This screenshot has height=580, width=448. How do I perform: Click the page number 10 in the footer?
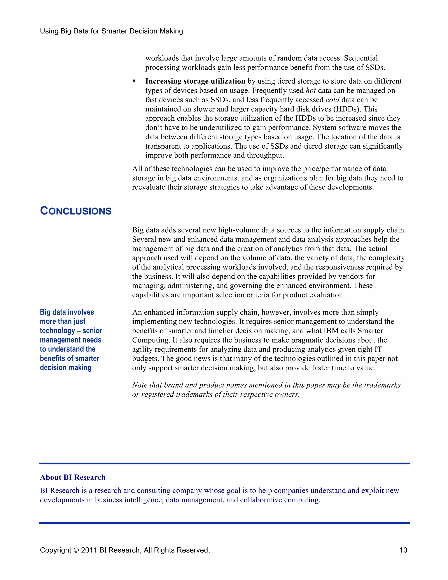(x=403, y=550)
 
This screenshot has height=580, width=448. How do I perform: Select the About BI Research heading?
(x=73, y=477)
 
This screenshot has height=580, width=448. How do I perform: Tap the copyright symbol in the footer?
(x=76, y=550)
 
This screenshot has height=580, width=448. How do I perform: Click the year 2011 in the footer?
(x=89, y=550)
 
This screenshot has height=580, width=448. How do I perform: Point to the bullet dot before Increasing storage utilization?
(x=134, y=81)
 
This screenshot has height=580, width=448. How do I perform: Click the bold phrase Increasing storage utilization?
(x=195, y=81)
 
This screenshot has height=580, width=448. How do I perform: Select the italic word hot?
(x=311, y=91)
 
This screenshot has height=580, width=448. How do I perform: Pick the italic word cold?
(x=332, y=100)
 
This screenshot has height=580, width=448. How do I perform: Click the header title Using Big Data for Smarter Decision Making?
(x=112, y=31)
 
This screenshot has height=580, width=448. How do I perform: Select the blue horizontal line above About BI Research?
(x=224, y=463)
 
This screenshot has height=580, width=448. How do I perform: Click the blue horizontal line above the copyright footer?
(x=224, y=523)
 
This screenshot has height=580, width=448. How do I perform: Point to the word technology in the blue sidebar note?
(x=57, y=331)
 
